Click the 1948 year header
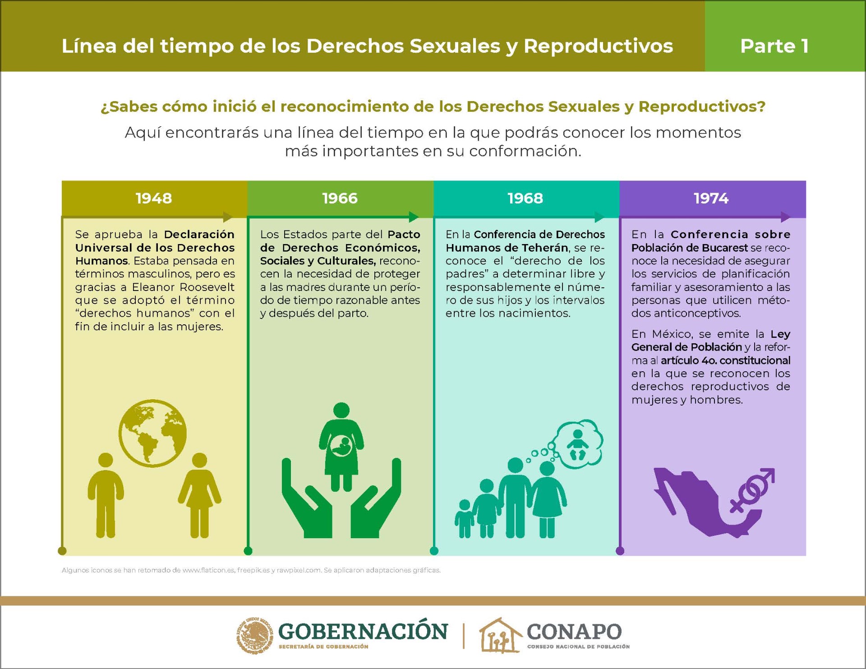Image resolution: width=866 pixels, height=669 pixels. coord(154,198)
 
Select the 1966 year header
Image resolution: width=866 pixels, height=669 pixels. coord(340,198)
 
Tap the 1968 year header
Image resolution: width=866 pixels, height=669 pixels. coord(525,198)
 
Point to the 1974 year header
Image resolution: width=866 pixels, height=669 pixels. coord(711,198)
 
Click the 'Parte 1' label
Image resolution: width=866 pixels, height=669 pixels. coord(774,46)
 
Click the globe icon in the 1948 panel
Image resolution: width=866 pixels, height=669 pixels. coord(152,433)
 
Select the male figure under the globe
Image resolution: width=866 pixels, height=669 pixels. coord(106,495)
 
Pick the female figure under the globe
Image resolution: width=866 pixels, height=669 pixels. coord(199,495)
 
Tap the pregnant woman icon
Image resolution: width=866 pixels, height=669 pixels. coord(341,447)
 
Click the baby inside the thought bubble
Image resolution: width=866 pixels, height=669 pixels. coord(577,445)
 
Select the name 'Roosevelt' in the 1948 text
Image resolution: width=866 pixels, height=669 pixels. coord(206,287)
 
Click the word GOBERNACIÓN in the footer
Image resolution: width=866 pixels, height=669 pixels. coord(363,631)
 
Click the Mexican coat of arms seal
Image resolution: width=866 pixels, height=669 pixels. coord(255,636)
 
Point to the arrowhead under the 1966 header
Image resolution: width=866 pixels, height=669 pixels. coord(414,217)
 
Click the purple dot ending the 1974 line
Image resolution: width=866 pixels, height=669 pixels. coord(620,551)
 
